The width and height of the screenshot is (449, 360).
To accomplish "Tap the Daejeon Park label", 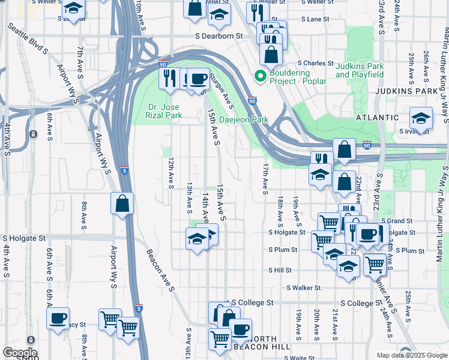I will pyautogui.click(x=243, y=119).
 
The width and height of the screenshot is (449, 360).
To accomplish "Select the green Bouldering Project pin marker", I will pyautogui.click(x=260, y=76).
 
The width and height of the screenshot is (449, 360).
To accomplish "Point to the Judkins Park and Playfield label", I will pyautogui.click(x=359, y=70).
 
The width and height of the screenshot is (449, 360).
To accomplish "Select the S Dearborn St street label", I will pyautogui.click(x=218, y=36).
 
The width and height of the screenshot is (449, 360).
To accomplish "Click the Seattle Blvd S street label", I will pyautogui.click(x=27, y=40).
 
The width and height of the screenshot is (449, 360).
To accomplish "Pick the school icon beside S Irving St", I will pyautogui.click(x=421, y=118).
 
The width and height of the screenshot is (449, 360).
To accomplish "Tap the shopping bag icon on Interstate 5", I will pyautogui.click(x=122, y=203).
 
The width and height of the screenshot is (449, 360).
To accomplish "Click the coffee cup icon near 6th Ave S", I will pyautogui.click(x=58, y=318).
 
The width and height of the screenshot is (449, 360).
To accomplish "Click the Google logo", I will pyautogui.click(x=19, y=353).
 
